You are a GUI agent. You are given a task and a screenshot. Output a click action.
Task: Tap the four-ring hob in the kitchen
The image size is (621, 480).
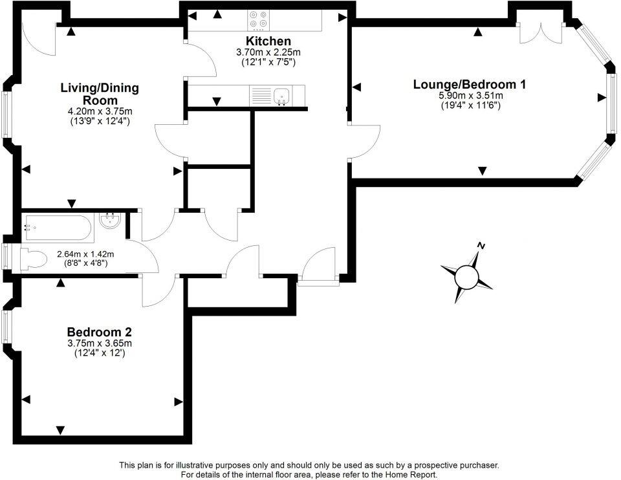pos(259,21)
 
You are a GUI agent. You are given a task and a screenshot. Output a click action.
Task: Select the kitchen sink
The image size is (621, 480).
pos(281,97)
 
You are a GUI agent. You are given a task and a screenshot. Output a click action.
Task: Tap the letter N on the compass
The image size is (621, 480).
pos(481,245)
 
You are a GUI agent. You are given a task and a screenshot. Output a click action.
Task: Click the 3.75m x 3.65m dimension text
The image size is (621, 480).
pos(100,344)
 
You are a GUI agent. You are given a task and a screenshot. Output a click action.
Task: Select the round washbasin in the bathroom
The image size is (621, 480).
pos(110,223)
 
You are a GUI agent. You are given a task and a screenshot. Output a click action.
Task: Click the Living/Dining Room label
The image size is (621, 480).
pos(100,94)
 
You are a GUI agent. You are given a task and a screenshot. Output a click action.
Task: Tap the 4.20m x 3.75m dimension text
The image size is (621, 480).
pos(100,110)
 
